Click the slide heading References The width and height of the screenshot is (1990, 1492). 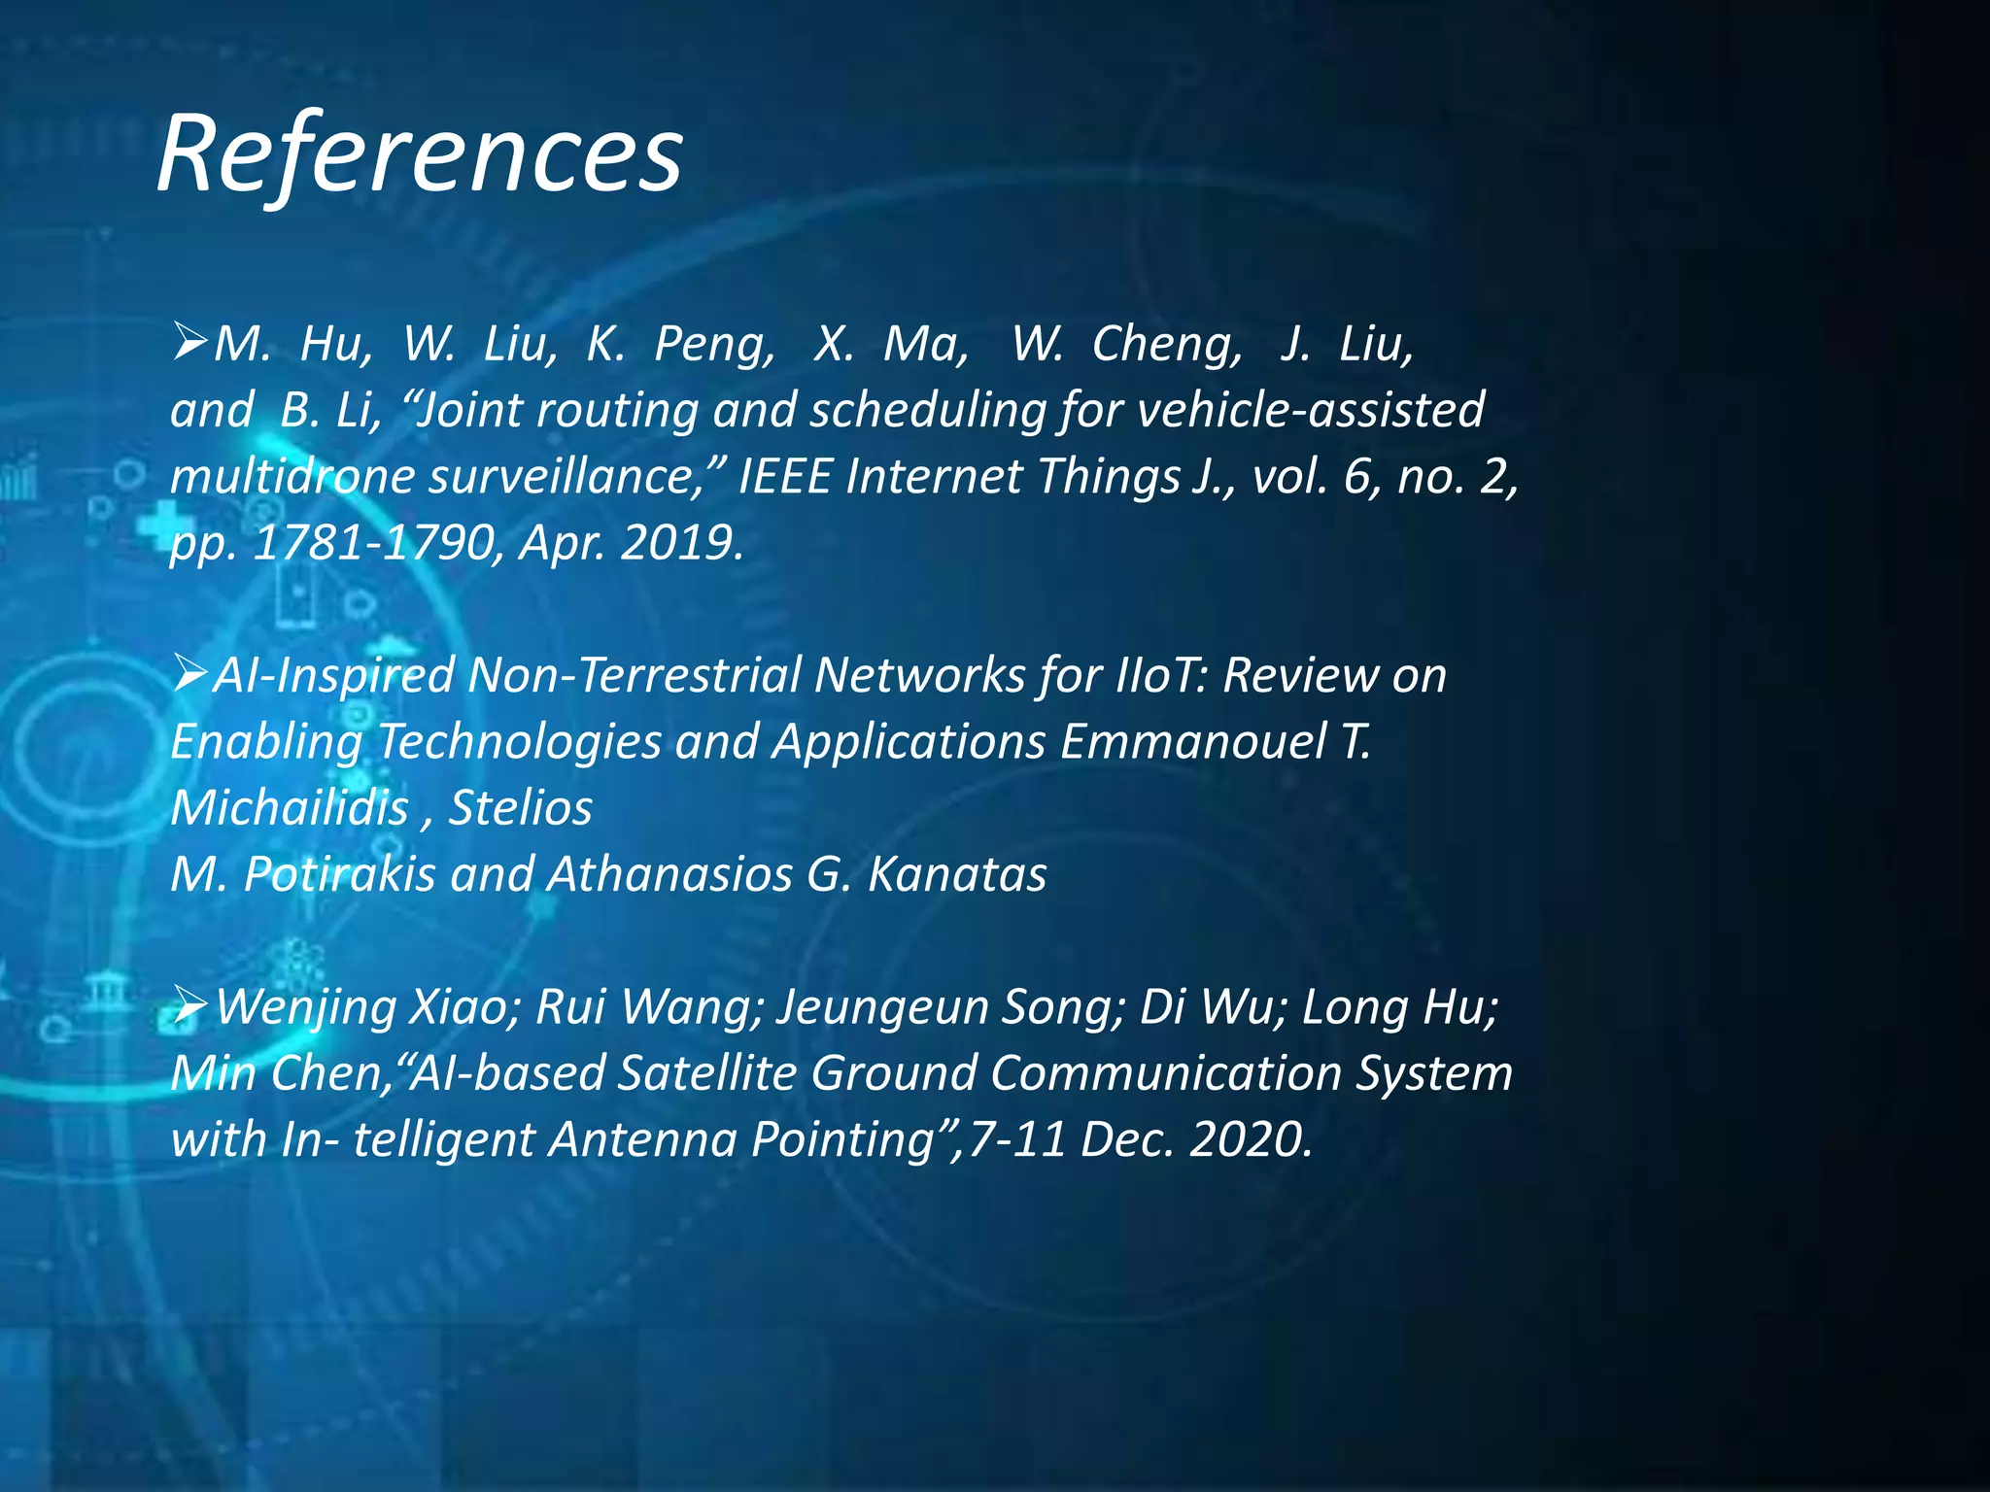(x=420, y=154)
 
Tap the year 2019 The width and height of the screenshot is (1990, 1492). (x=679, y=542)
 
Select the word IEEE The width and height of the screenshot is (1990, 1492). (x=784, y=477)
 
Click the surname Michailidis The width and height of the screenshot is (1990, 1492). (x=290, y=808)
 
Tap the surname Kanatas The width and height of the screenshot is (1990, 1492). (x=956, y=874)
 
